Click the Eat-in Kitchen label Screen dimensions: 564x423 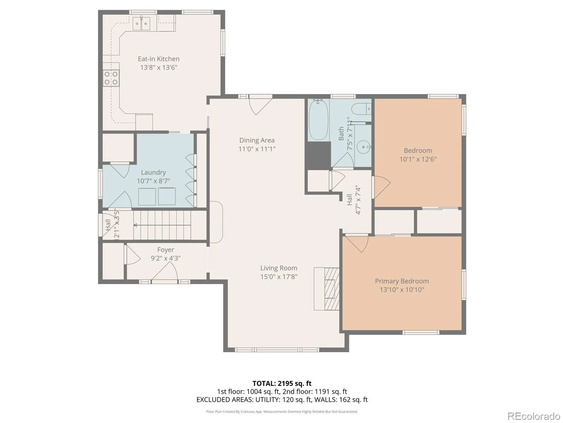(159, 59)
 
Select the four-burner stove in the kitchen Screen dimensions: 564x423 (111, 78)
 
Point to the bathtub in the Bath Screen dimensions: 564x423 (318, 120)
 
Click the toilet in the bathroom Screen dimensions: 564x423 (361, 109)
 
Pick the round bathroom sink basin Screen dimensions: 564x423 (364, 147)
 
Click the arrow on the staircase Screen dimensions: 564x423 (162, 225)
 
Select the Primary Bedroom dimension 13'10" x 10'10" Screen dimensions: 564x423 (402, 290)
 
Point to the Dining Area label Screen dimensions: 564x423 (257, 140)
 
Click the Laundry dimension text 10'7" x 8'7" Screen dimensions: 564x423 (153, 181)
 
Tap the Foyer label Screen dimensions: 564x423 (166, 250)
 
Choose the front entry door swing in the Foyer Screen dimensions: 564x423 (165, 272)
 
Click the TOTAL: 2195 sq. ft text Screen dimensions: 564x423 (282, 384)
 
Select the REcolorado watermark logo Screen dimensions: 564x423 (534, 415)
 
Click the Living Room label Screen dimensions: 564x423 (279, 268)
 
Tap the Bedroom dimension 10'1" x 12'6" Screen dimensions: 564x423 (418, 159)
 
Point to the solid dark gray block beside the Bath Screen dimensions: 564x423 (318, 155)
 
